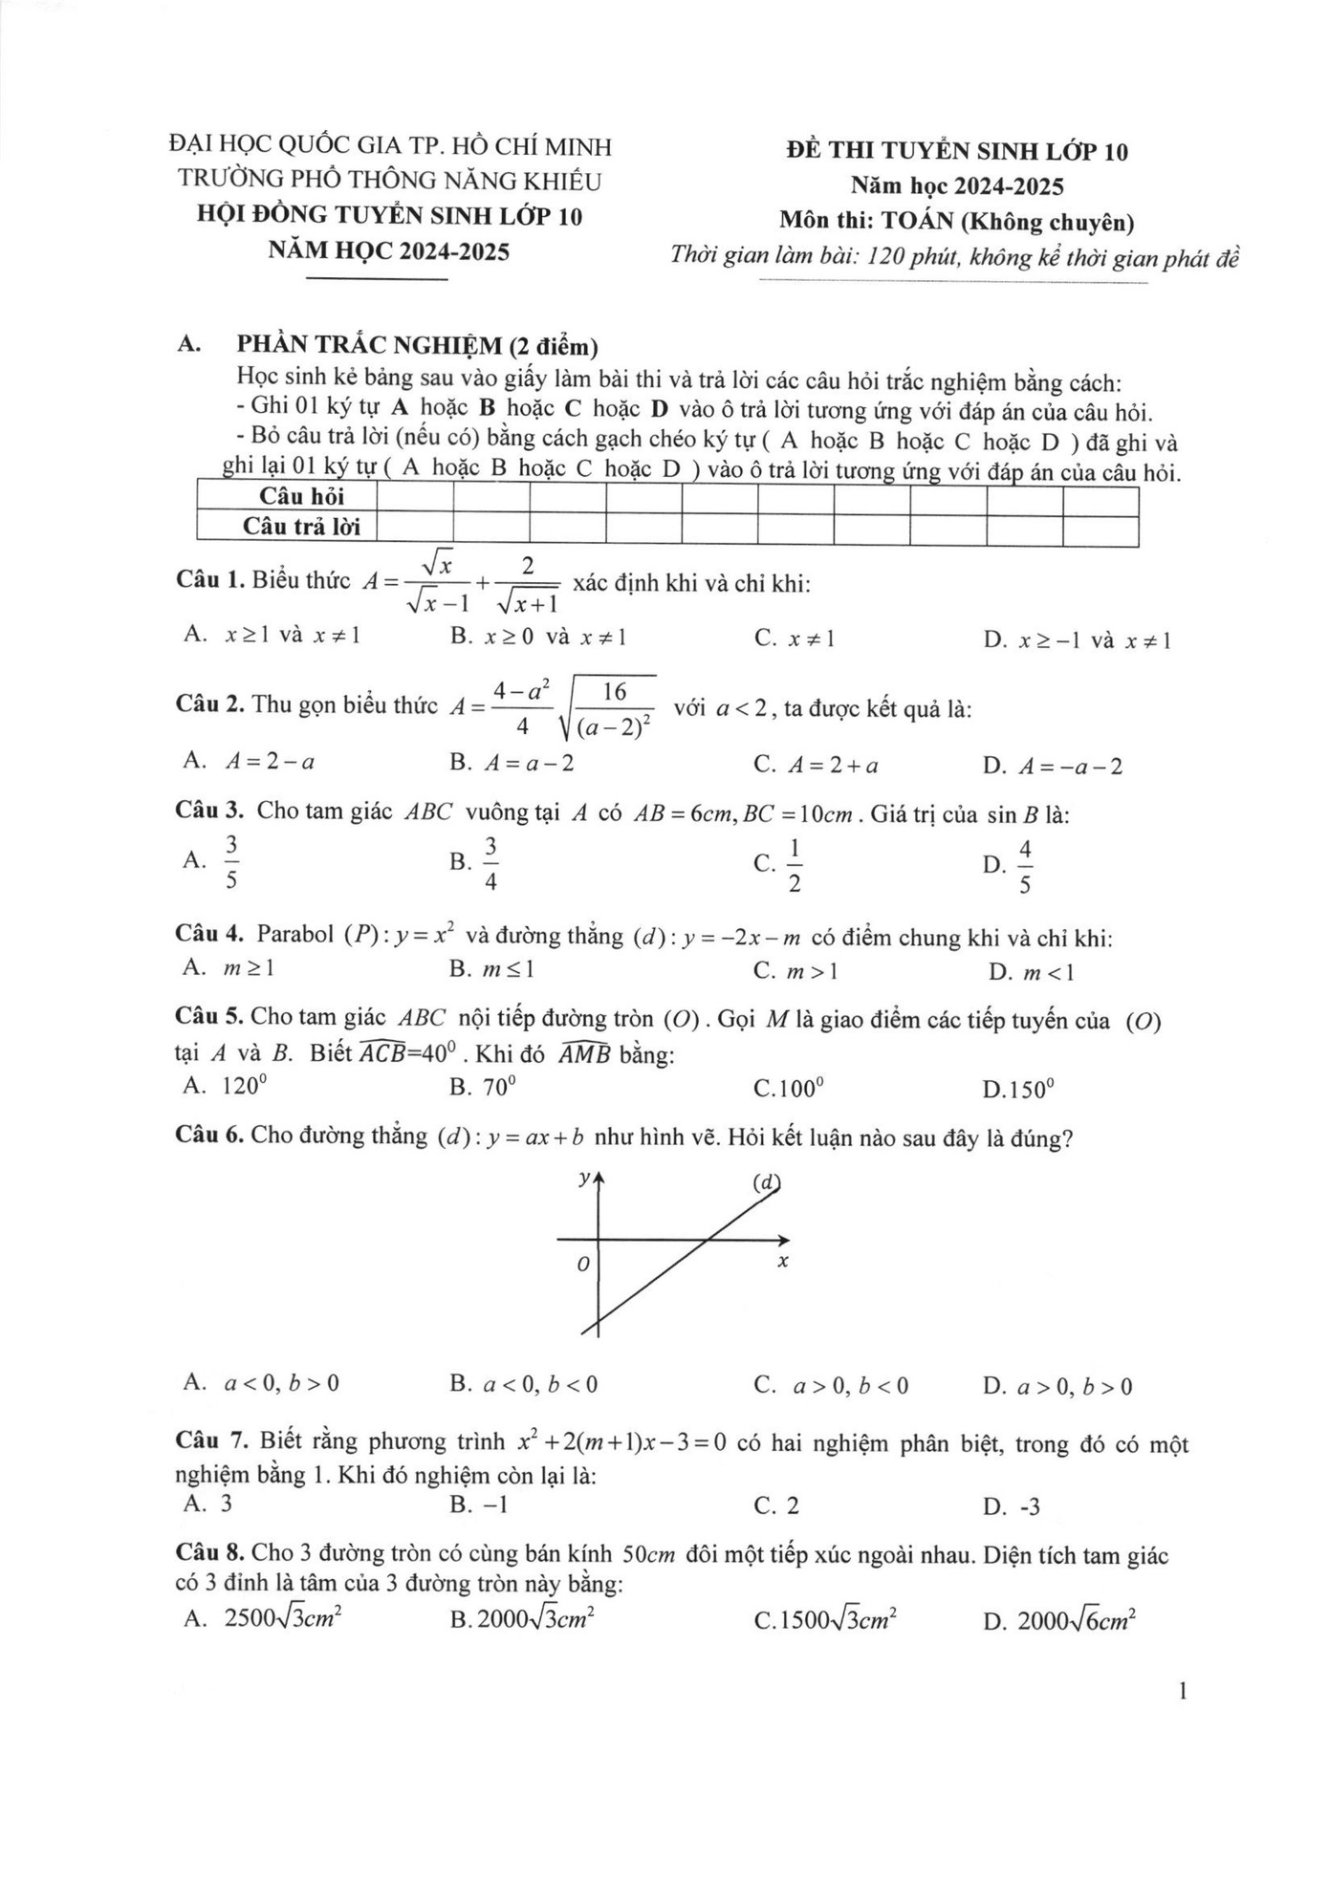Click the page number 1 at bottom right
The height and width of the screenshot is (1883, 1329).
1184,1693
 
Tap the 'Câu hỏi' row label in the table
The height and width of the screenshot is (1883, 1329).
301,496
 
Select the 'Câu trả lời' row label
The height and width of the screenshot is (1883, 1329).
301,527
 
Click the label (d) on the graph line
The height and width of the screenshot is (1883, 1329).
766,1182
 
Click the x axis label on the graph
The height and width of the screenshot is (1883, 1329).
782,1263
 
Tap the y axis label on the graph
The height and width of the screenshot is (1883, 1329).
584,1180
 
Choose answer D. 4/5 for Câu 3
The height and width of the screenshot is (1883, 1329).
1009,865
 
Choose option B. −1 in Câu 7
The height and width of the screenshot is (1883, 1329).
479,1505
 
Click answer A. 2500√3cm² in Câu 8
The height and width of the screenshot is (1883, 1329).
263,1618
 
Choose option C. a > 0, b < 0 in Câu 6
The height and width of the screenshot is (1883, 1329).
831,1385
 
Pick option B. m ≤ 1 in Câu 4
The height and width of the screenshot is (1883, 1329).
491,969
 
